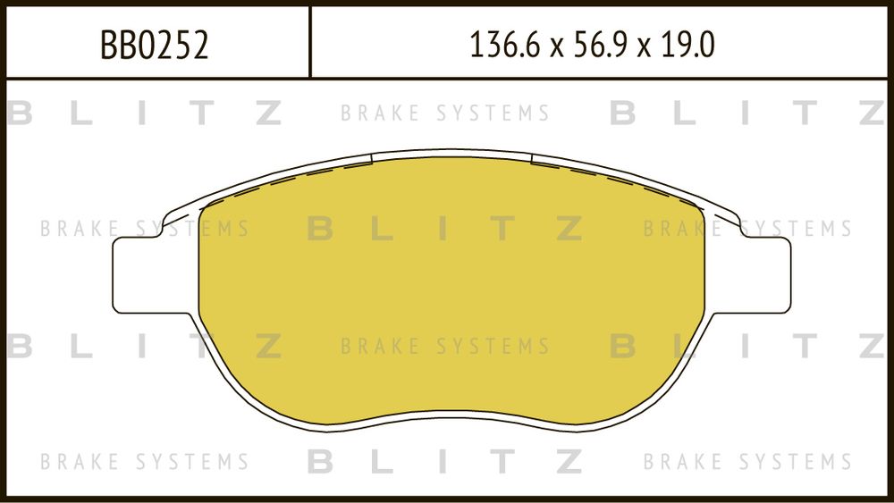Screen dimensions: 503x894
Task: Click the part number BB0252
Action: [x=154, y=45]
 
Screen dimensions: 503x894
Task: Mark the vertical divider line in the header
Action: [x=310, y=41]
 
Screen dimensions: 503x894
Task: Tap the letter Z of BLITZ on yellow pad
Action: [x=568, y=229]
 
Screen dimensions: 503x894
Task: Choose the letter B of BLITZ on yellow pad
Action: [x=321, y=229]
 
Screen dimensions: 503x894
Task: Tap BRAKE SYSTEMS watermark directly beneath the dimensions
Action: [x=445, y=113]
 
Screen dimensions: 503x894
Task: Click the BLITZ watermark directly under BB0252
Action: [x=144, y=113]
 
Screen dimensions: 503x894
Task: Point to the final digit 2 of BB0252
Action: [x=199, y=45]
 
